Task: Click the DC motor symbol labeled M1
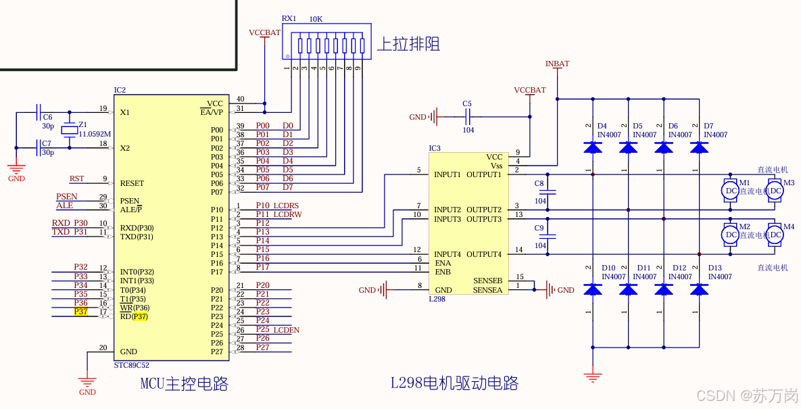731,191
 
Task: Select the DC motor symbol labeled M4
775,235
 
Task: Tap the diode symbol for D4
593,147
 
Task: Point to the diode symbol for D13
700,289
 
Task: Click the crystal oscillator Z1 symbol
69,130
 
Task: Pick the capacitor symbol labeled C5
467,117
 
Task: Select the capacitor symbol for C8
548,193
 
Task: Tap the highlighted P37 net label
81,312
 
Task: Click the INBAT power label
557,64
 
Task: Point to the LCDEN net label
287,330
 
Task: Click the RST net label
77,178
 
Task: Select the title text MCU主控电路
184,384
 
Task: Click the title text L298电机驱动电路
454,383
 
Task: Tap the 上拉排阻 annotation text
408,45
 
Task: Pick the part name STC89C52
132,364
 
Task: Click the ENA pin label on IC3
443,263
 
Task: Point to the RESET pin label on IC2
132,183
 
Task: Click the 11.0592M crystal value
95,134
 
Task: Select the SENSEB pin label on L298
487,281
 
